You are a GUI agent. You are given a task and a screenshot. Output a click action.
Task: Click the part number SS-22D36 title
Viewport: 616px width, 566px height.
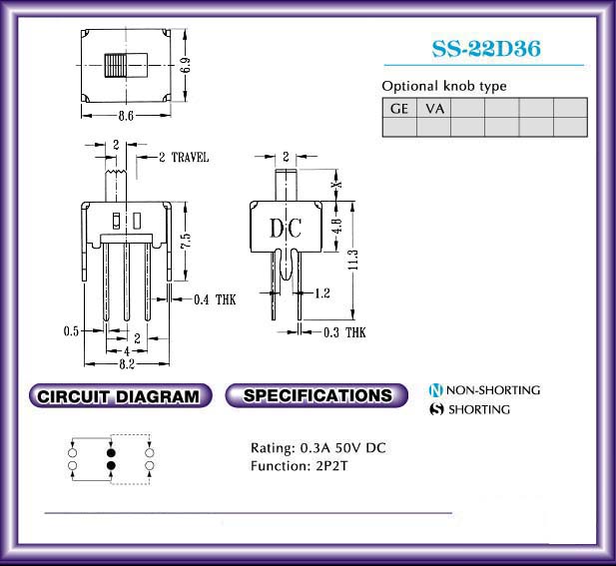pyautogui.click(x=486, y=49)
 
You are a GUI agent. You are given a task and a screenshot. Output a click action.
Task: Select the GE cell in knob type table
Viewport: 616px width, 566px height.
pyautogui.click(x=399, y=108)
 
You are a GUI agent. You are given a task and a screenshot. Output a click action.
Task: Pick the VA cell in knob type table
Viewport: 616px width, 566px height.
pyautogui.click(x=434, y=108)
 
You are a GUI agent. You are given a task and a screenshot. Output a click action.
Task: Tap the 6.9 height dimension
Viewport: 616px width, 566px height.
pyautogui.click(x=187, y=65)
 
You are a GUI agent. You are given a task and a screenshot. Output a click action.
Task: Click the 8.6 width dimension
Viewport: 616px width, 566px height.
pyautogui.click(x=126, y=116)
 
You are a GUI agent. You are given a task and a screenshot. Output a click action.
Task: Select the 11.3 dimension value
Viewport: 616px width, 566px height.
pyautogui.click(x=353, y=260)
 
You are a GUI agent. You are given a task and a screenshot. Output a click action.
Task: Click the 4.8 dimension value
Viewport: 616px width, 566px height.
pyautogui.click(x=337, y=226)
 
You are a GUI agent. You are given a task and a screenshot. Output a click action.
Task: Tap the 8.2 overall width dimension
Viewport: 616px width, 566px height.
pyautogui.click(x=127, y=364)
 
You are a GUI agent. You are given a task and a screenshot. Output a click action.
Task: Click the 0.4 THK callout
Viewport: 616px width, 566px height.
pyautogui.click(x=215, y=299)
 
